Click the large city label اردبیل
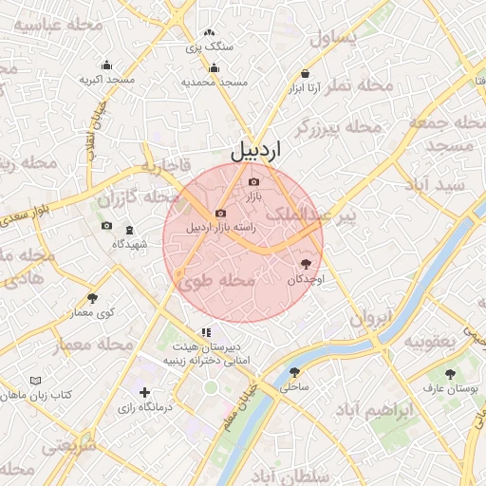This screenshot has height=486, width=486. pyautogui.click(x=256, y=150)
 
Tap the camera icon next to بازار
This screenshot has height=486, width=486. pyautogui.click(x=252, y=182)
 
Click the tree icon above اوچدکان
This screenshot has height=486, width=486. pyautogui.click(x=306, y=264)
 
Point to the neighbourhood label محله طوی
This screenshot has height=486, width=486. pyautogui.click(x=215, y=281)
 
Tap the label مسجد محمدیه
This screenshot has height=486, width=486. pyautogui.click(x=214, y=83)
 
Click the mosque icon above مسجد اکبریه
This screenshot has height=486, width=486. pyautogui.click(x=105, y=65)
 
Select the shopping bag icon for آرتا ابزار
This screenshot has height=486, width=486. pyautogui.click(x=305, y=73)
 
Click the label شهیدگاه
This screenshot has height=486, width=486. pyautogui.click(x=130, y=244)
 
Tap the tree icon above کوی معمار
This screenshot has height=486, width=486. pyautogui.click(x=92, y=298)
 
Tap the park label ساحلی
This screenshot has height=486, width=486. pyautogui.click(x=295, y=387)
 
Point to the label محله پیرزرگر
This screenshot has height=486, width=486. pyautogui.click(x=338, y=127)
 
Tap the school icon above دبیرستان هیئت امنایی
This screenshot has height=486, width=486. pyautogui.click(x=204, y=332)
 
